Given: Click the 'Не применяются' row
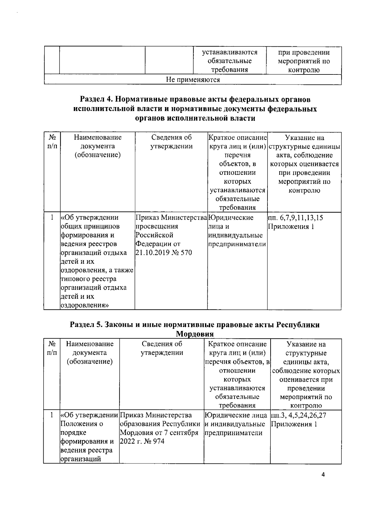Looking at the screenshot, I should [x=193, y=80].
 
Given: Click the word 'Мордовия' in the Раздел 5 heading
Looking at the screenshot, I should [x=195, y=334].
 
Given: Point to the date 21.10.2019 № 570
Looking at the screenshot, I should [x=163, y=253].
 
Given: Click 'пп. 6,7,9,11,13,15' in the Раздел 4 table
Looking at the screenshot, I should [x=296, y=218].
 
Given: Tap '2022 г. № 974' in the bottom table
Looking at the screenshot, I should [x=142, y=441].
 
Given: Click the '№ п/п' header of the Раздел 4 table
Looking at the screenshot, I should [x=52, y=142].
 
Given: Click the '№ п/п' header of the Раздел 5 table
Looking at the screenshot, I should [x=52, y=348].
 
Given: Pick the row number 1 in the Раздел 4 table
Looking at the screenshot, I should [x=52, y=218].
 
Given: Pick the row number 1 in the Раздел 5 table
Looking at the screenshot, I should [x=52, y=415].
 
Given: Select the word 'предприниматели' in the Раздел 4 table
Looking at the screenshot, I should [x=237, y=244].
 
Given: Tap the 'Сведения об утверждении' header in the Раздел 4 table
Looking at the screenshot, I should [x=171, y=142].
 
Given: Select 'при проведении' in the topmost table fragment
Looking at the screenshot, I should [x=303, y=52].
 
